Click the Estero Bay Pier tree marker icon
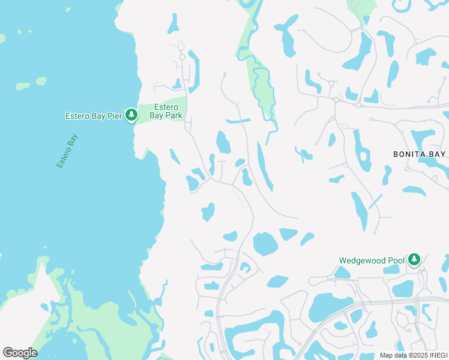131,116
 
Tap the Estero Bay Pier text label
94,116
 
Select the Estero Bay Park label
165,112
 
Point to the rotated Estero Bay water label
67,151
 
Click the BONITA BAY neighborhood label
420,154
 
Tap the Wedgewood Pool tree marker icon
413,260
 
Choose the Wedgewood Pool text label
372,260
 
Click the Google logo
20,353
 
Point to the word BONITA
410,154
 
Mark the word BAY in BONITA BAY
438,154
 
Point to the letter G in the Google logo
8,352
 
